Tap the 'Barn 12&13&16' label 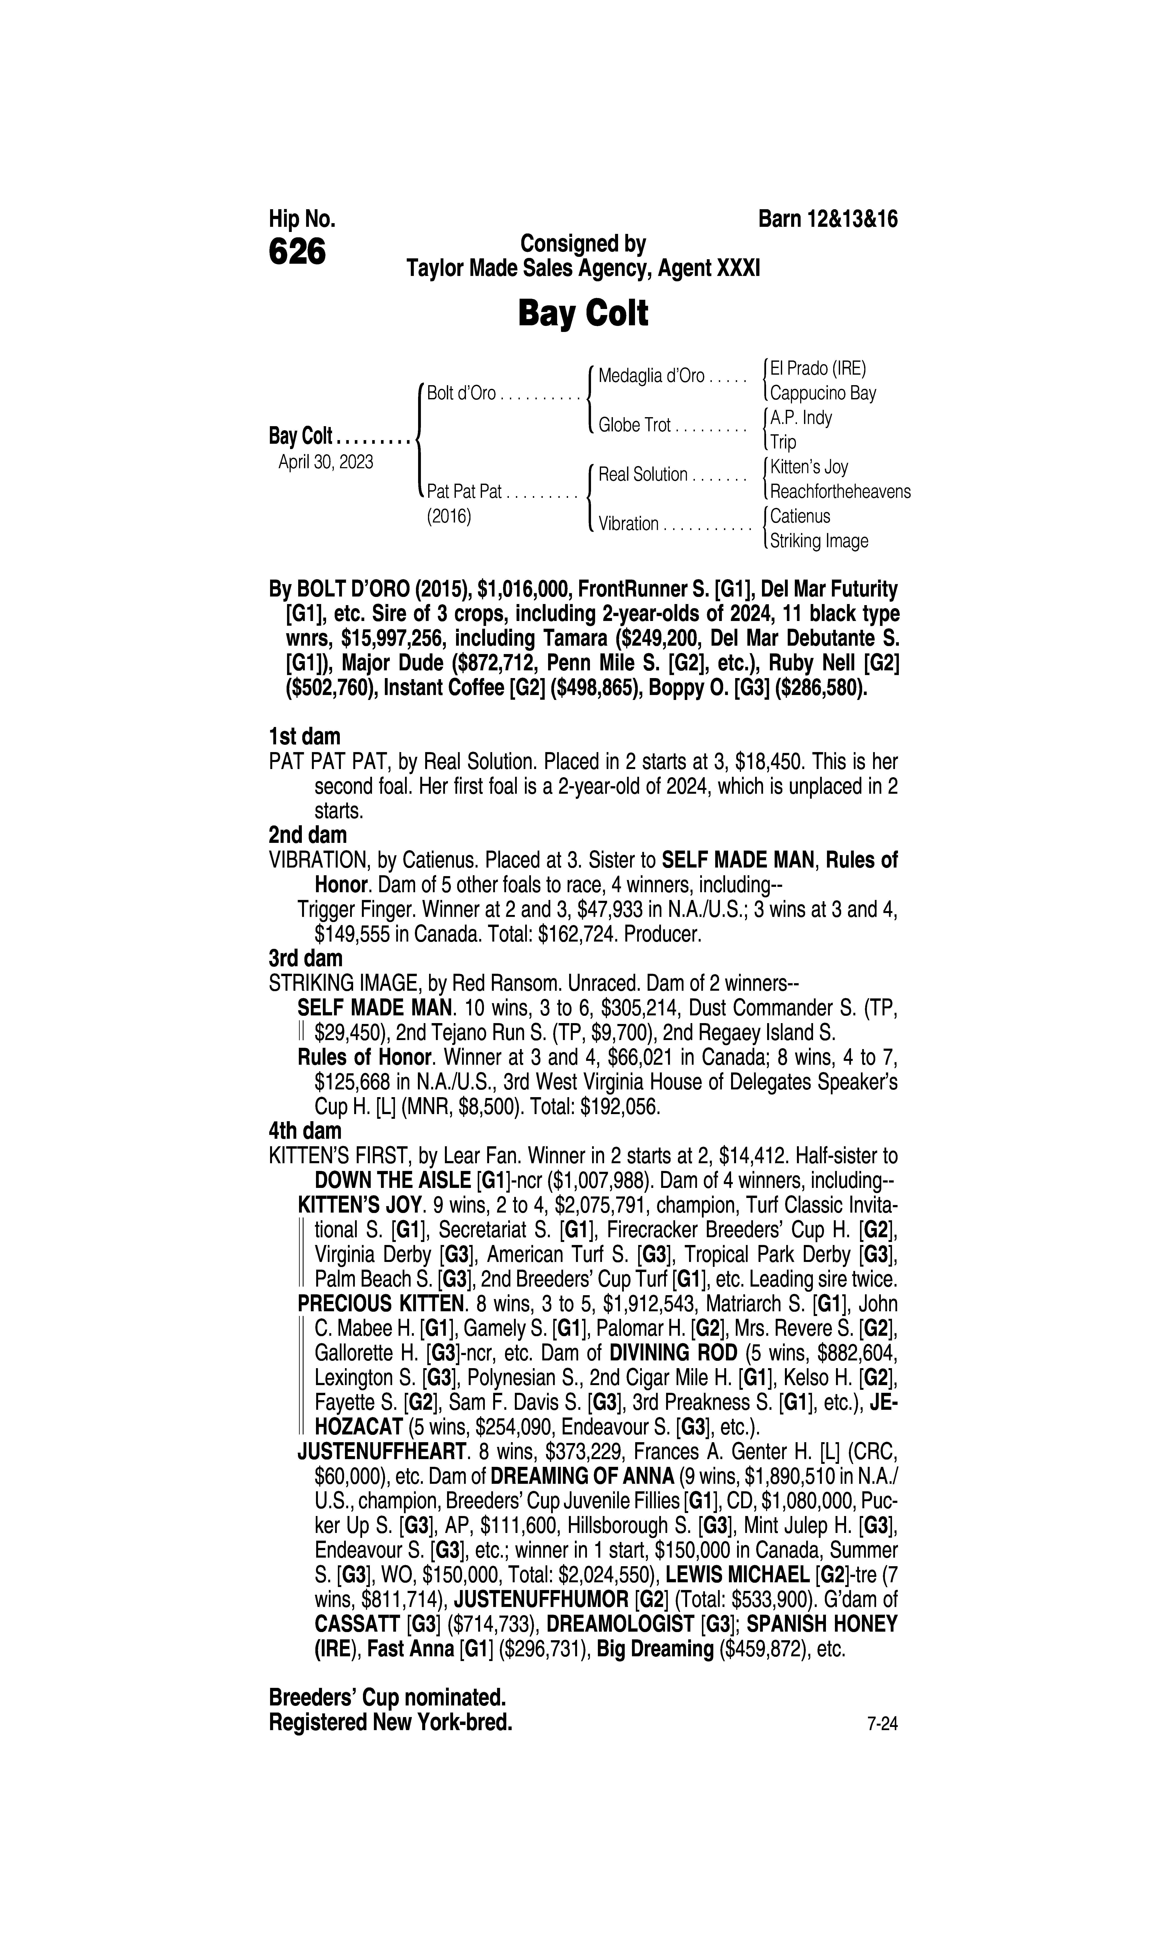tap(827, 220)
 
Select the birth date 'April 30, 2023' tap(326, 462)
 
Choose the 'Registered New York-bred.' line tap(391, 1722)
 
